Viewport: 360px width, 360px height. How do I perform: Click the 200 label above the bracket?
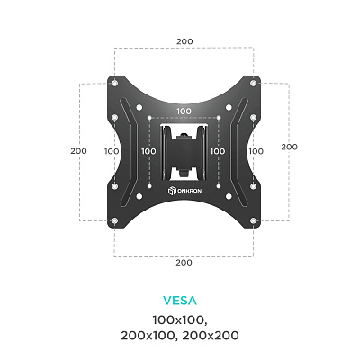click(x=184, y=41)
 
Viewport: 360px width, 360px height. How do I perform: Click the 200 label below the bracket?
click(x=184, y=263)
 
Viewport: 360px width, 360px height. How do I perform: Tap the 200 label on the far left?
click(x=78, y=151)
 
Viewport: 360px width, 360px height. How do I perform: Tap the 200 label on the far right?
click(x=290, y=147)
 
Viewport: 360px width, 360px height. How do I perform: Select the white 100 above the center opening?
click(x=184, y=112)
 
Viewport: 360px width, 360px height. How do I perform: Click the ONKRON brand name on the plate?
click(x=189, y=191)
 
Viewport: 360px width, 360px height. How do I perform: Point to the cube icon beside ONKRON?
click(x=172, y=191)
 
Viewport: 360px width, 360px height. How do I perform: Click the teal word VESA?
click(x=180, y=301)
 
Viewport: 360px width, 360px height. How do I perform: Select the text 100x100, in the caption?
click(x=180, y=320)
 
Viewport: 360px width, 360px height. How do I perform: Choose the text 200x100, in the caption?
click(x=148, y=336)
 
